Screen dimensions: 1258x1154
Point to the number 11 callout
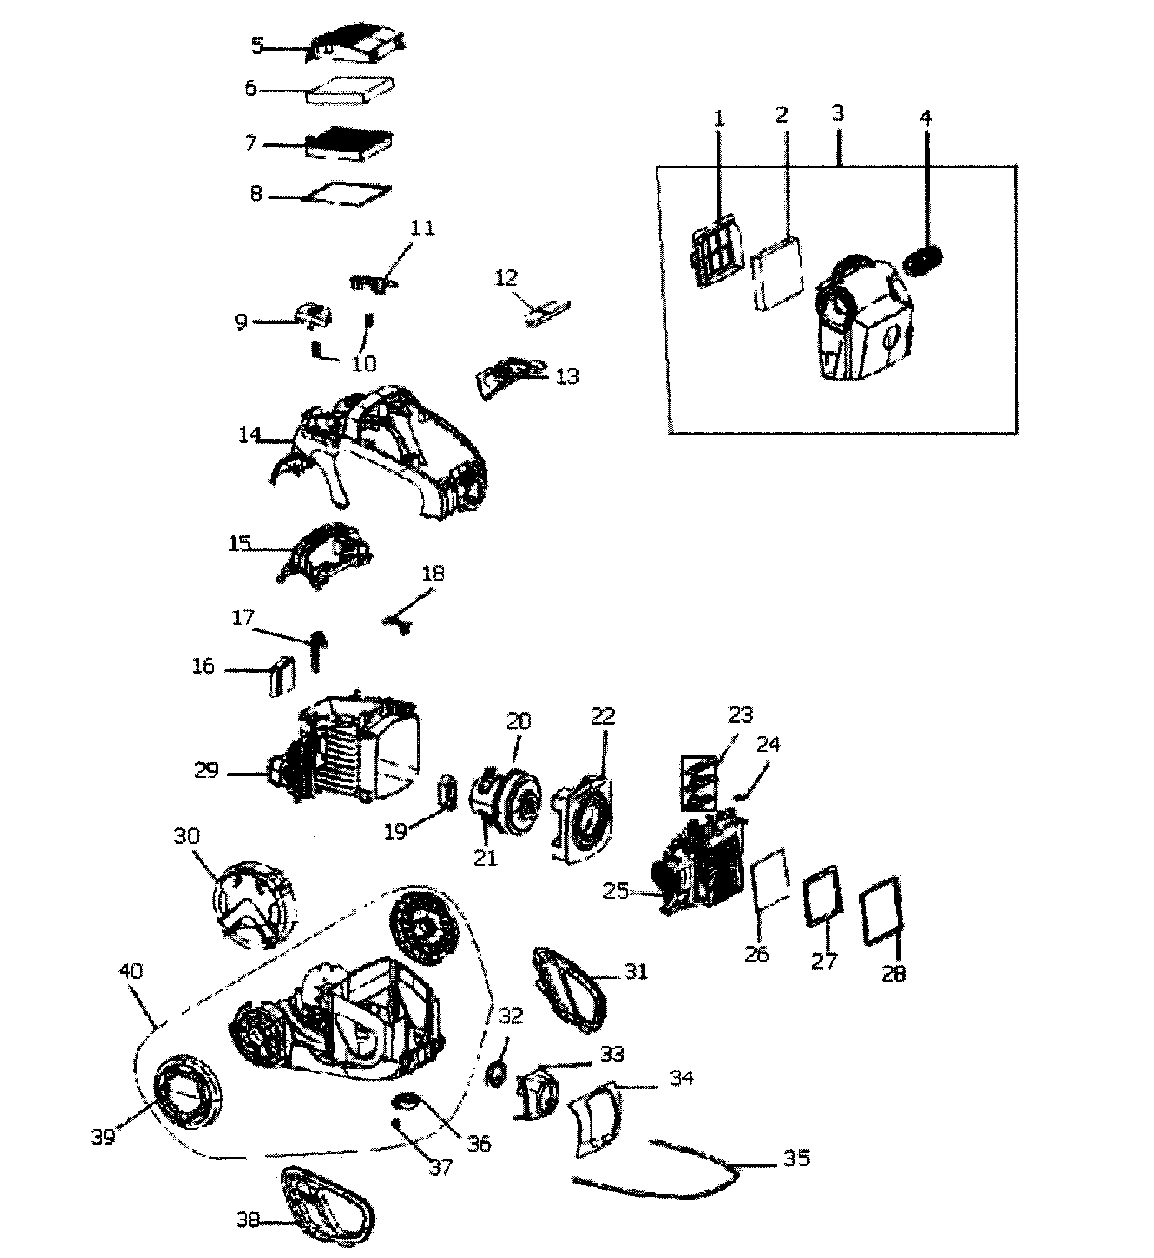(422, 228)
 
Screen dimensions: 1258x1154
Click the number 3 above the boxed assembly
(838, 113)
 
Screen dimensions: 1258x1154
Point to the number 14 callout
(249, 435)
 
